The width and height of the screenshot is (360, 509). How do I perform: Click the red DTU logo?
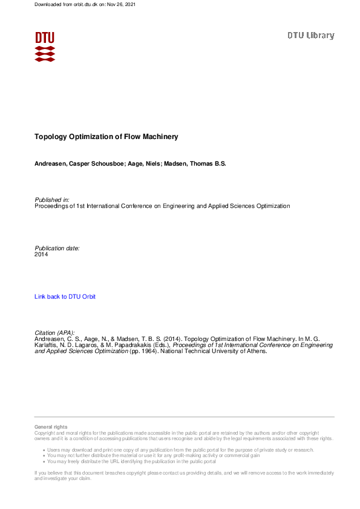(45, 46)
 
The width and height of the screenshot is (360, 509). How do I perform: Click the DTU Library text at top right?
(310, 36)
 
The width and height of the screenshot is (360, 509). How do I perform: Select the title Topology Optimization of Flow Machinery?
(106, 137)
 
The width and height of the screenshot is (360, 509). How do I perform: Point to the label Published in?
(52, 199)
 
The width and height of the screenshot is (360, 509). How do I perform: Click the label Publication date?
(57, 248)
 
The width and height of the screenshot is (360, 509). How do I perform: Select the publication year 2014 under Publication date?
(41, 254)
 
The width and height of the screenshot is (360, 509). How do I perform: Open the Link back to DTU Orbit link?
(65, 297)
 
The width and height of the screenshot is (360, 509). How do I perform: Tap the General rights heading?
(51, 427)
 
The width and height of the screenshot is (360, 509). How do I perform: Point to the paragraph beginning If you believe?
(182, 475)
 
